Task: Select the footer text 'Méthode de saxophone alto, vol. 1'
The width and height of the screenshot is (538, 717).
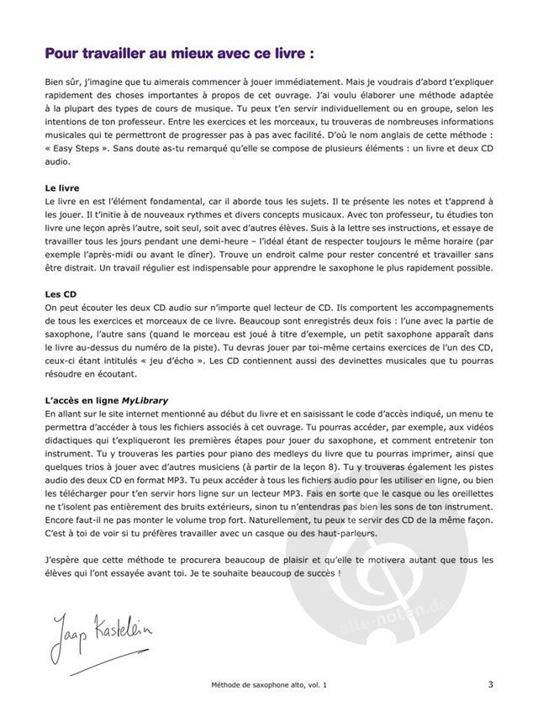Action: [269, 685]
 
